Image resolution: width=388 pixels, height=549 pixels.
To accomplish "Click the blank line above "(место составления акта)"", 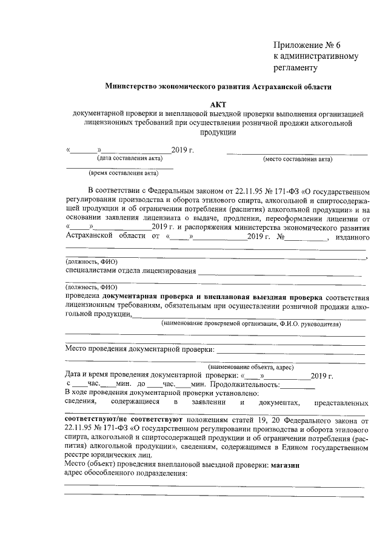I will point(297,154).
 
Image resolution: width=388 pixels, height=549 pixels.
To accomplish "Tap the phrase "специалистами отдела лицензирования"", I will point(130,270).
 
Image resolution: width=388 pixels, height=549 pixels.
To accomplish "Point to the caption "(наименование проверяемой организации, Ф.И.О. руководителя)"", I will point(251,324).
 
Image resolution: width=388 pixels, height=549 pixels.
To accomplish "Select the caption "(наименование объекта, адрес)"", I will point(251,368).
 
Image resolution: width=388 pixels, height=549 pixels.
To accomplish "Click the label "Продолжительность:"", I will point(245,384).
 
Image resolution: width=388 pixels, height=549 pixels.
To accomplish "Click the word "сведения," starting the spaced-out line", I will point(80,402).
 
